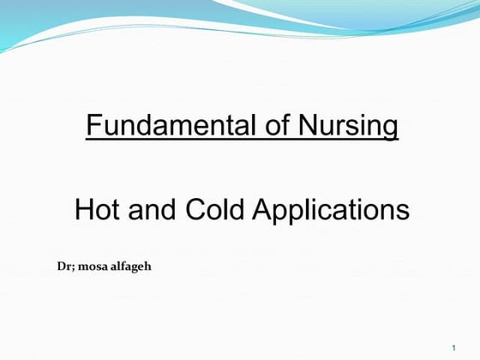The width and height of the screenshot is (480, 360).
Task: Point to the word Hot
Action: point(98,210)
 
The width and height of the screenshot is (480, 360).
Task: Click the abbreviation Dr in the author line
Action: point(62,267)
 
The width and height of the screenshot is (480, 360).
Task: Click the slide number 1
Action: point(452,346)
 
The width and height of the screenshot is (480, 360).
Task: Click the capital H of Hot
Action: point(84,210)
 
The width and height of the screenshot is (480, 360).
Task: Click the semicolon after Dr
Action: point(70,267)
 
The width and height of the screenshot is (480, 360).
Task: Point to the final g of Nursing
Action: point(391,129)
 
